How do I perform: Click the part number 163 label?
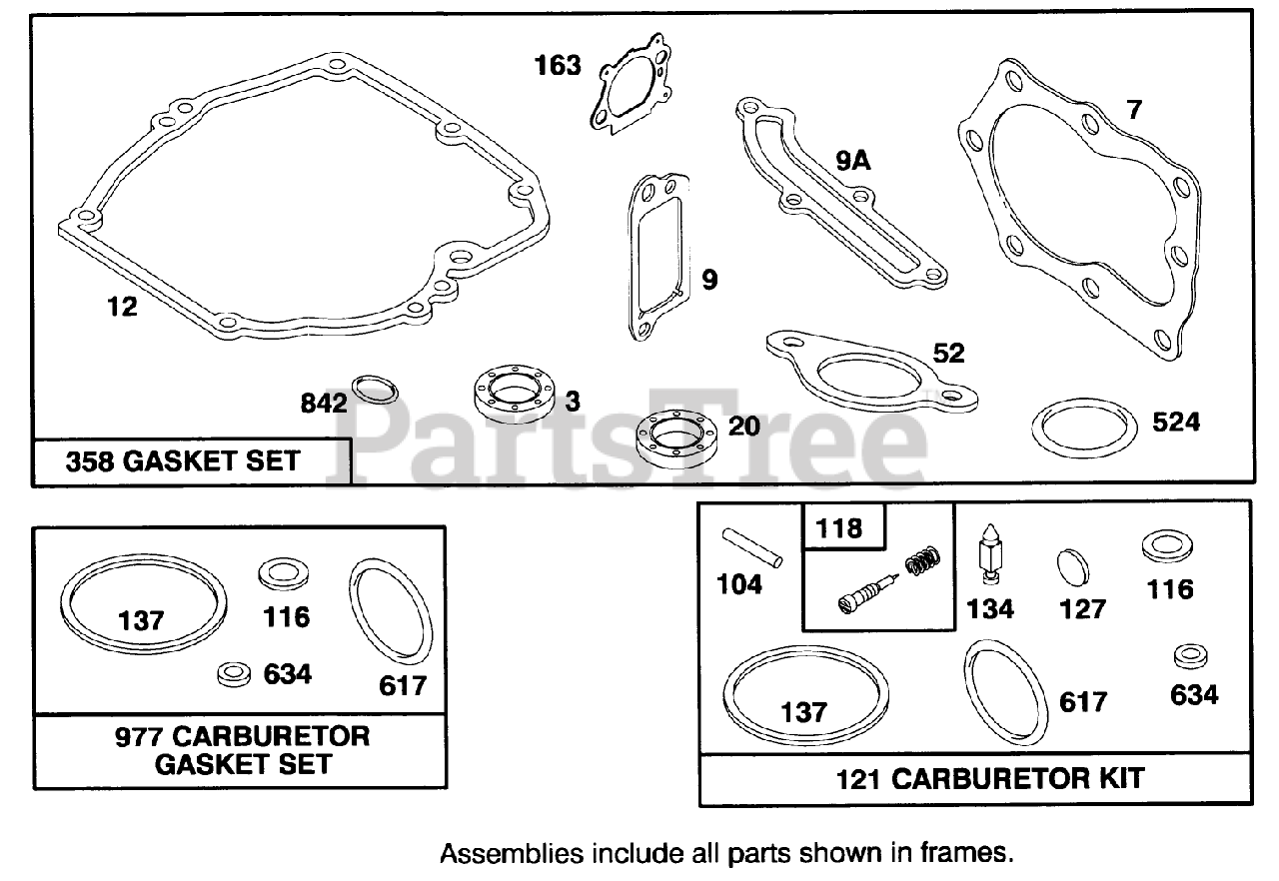[557, 66]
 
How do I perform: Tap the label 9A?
[853, 160]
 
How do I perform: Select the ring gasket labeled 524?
[1084, 429]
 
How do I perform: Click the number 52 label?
[949, 353]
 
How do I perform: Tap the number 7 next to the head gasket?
[1133, 110]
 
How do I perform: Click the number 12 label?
[122, 308]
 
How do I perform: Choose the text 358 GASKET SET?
[183, 461]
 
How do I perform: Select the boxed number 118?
[839, 527]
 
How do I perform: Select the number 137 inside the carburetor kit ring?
[804, 712]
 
